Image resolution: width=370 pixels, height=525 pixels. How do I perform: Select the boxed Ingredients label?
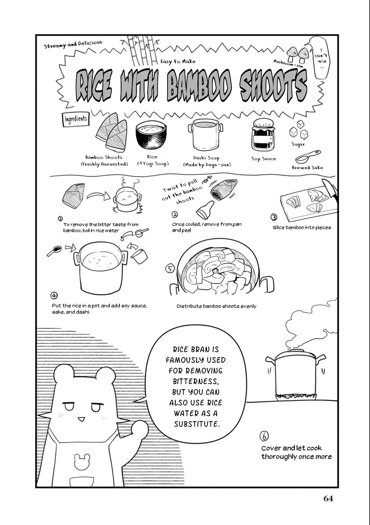[x=76, y=119]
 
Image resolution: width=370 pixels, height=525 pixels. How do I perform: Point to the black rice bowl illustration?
[x=151, y=135]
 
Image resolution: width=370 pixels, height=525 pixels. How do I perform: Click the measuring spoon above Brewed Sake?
[x=307, y=157]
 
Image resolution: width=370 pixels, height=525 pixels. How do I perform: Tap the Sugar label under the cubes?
[x=298, y=144]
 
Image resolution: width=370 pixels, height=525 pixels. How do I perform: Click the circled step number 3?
[x=274, y=217]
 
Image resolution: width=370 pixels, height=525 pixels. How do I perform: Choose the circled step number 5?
[x=170, y=269]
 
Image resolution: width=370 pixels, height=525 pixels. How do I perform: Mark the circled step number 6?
[x=264, y=436]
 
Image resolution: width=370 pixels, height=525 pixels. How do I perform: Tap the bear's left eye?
[x=69, y=406]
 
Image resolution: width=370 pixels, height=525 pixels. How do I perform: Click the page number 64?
[x=328, y=499]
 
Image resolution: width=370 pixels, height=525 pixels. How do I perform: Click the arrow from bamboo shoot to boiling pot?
[x=98, y=196]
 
